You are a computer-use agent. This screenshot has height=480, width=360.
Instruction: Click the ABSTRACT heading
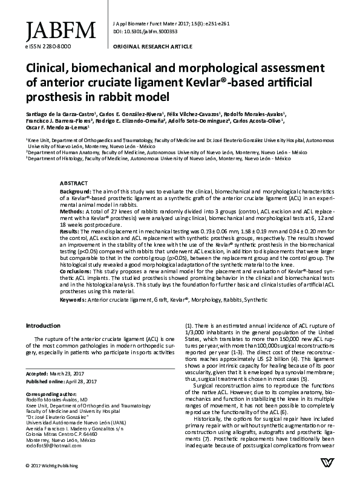(74, 182)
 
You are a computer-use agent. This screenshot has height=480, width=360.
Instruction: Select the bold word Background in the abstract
(77, 190)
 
